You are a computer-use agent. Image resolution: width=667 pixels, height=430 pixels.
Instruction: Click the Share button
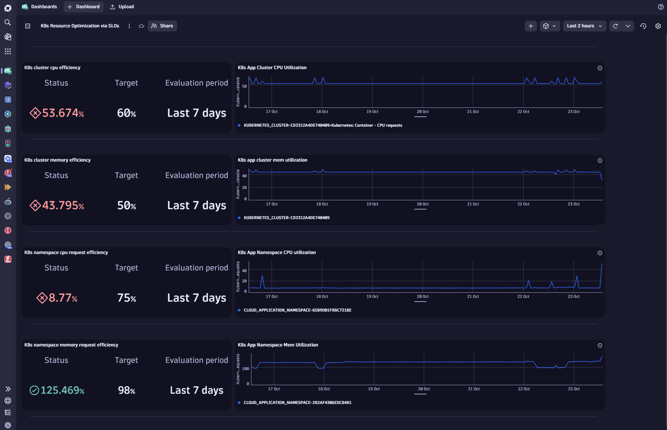tap(162, 26)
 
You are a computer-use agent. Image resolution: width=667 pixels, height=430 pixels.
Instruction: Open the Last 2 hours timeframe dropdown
tap(584, 26)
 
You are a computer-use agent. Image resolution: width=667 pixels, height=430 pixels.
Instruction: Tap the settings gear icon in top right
tap(658, 26)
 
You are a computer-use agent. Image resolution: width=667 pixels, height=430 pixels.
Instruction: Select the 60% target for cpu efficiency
tap(127, 113)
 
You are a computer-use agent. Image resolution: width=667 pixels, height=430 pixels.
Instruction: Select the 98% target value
tap(127, 390)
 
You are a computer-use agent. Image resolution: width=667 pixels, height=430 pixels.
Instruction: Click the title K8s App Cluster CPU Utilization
tap(272, 68)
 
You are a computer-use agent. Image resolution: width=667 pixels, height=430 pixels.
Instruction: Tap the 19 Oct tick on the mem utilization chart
tap(372, 204)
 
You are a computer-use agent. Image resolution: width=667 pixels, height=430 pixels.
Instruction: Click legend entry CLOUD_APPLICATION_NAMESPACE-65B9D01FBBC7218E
tap(297, 310)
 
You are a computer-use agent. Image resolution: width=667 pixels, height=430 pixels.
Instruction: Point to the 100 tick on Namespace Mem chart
tap(245, 369)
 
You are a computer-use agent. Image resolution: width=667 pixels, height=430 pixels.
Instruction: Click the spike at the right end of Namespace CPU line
tap(602, 264)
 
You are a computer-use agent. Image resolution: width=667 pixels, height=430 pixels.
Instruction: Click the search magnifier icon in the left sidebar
tap(8, 23)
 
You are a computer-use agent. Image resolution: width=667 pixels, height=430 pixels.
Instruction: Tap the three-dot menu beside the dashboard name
tap(129, 26)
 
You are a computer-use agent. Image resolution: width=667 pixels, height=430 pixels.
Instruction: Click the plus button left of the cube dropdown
tap(531, 26)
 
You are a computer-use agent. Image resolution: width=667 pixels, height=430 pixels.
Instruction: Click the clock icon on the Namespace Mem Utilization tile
tap(600, 345)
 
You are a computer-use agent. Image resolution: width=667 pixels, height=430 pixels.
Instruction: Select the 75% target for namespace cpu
tap(127, 298)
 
